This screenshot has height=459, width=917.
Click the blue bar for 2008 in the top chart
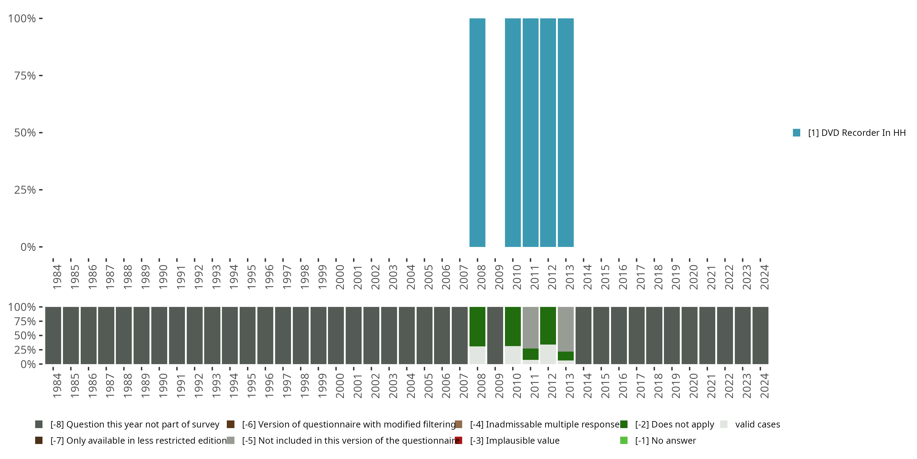477,132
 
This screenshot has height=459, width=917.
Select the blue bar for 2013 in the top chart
566,132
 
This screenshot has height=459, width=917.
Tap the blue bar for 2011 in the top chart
530,132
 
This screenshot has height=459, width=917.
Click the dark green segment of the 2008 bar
477,326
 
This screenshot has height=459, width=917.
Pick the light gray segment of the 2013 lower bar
566,329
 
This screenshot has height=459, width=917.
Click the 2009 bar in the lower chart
495,335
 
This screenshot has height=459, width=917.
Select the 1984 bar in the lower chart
53,335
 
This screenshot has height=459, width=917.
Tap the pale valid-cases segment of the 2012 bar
548,354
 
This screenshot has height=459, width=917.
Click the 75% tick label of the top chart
25,76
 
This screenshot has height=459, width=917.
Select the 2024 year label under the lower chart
764,386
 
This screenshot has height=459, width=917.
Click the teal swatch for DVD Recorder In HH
797,132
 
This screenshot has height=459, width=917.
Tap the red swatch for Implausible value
458,440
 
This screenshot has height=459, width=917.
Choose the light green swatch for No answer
624,440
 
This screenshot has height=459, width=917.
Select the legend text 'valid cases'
757,424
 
